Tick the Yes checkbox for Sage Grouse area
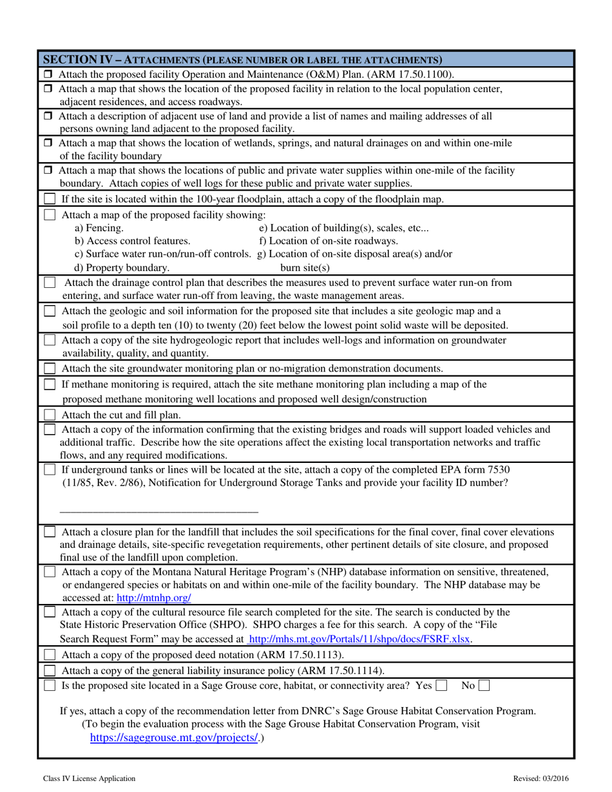pos(441,686)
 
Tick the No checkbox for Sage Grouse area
pos(483,686)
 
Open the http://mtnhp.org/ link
pos(154,598)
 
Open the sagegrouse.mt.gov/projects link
pos(174,738)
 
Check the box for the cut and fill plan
pos(50,415)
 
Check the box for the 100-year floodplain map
pos(50,200)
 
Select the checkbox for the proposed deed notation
pos(50,655)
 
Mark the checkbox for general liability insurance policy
pos(50,670)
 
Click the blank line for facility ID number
pos(158,510)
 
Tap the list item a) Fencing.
pos(99,228)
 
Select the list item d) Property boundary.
pos(122,267)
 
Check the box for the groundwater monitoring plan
pos(50,368)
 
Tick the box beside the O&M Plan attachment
pos(49,75)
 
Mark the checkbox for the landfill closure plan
pos(50,533)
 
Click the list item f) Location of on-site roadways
pos(328,241)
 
